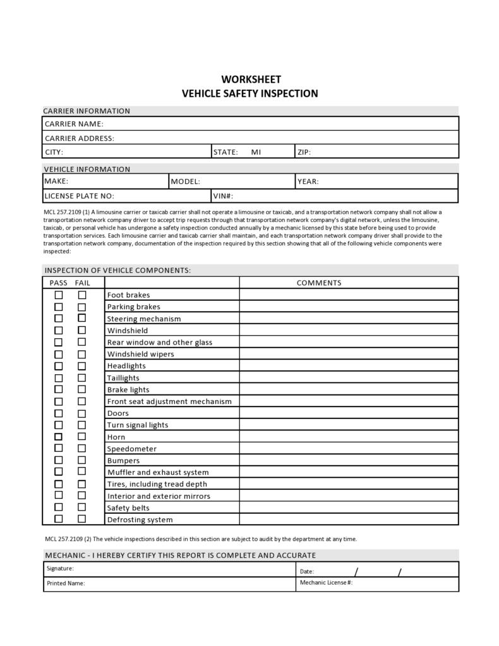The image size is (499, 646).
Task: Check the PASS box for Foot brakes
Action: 59,295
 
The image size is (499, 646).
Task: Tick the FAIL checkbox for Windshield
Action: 82,331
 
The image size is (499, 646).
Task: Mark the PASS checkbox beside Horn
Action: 59,437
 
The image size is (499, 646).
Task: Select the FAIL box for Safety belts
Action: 82,508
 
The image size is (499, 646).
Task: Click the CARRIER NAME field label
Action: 74,124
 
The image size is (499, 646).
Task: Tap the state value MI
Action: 256,152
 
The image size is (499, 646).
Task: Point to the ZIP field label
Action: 304,152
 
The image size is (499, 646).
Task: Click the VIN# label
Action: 223,196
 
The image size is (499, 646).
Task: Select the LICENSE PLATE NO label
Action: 80,196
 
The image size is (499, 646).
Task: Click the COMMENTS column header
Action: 319,283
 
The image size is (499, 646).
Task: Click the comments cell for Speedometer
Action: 349,449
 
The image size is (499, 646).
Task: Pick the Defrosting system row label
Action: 140,520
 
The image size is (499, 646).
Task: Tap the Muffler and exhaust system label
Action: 158,472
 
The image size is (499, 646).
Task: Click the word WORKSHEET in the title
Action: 251,80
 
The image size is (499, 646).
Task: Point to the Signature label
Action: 60,568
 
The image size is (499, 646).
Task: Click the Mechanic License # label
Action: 326,582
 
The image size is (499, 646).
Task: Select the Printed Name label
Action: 66,583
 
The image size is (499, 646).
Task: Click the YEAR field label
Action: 308,181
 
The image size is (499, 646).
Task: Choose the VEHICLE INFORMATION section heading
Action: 87,169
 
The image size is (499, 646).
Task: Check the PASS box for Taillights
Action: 59,378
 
